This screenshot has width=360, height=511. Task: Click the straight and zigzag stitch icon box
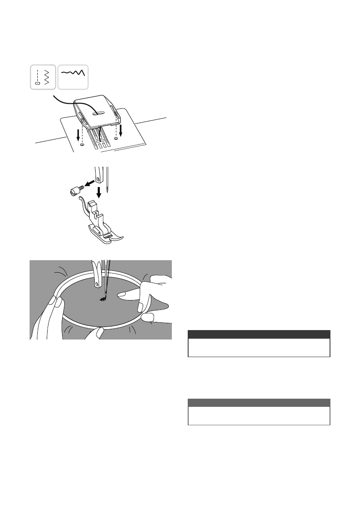click(x=43, y=77)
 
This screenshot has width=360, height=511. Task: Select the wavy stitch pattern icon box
click(x=73, y=77)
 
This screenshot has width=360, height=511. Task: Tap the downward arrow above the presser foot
click(x=99, y=191)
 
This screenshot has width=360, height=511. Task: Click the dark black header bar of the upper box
click(x=259, y=334)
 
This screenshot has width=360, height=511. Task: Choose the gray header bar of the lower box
click(x=259, y=403)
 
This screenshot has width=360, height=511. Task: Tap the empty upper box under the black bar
click(x=259, y=348)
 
